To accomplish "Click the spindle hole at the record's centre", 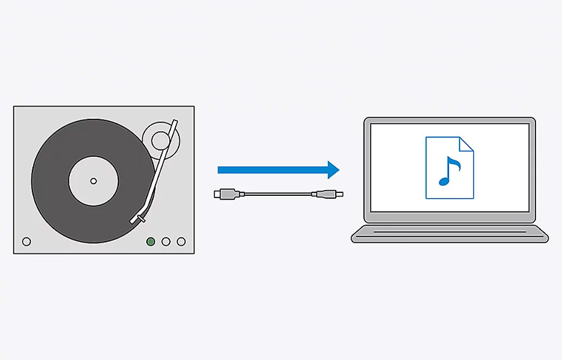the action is [93, 179].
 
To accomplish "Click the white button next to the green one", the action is [166, 242].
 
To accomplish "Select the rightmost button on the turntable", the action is [181, 242].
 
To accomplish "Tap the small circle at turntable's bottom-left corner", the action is [27, 242].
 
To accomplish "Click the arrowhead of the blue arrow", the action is [332, 170].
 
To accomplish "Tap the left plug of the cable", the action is [224, 194].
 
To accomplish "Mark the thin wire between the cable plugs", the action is [277, 194].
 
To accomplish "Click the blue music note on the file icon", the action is [449, 171].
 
